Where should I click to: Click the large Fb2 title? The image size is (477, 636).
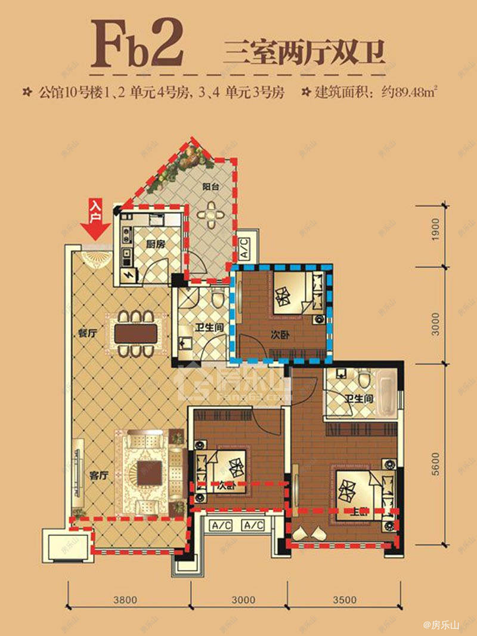click(x=138, y=44)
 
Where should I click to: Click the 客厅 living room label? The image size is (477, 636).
click(x=98, y=476)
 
